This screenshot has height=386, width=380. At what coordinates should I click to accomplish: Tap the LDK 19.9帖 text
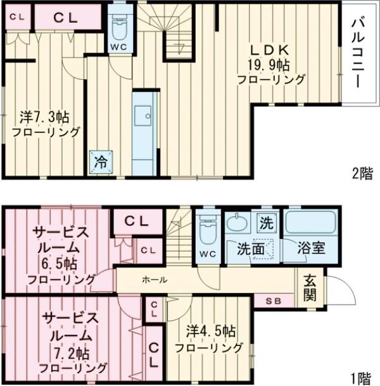coord(270,64)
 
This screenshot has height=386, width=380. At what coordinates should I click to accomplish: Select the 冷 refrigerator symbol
coord(101,162)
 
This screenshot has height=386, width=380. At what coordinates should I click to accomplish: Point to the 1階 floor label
coord(360,378)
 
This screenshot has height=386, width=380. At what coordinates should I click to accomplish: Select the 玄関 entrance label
coord(310,286)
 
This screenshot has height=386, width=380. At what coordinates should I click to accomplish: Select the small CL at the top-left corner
coord(16,17)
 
